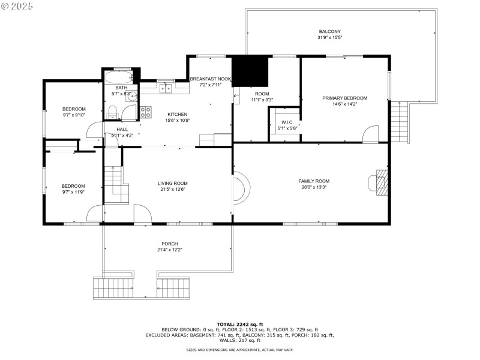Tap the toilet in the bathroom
click(x=112, y=111)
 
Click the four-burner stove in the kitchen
click(x=146, y=111)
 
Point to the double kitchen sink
click(x=165, y=89)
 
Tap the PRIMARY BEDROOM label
click(x=344, y=98)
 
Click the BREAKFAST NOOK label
click(x=210, y=79)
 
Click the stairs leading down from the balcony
click(x=400, y=123)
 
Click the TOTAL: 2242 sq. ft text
click(x=239, y=324)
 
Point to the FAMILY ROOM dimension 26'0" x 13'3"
click(x=314, y=187)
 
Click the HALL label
click(x=122, y=129)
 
